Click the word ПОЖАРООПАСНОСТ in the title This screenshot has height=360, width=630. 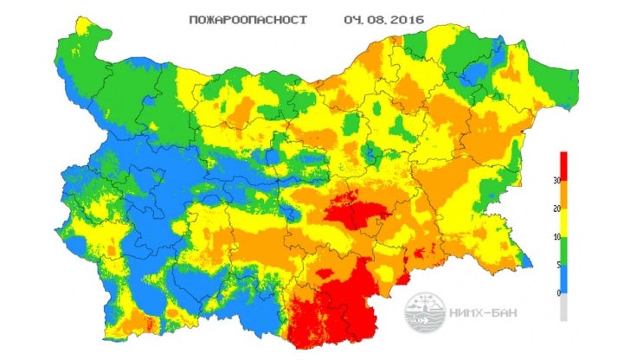tap(246, 18)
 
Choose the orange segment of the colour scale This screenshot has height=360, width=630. tap(564, 209)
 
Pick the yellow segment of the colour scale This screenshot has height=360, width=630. tap(564, 229)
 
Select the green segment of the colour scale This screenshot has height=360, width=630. tap(564, 251)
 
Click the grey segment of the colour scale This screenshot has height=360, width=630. tap(564, 307)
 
